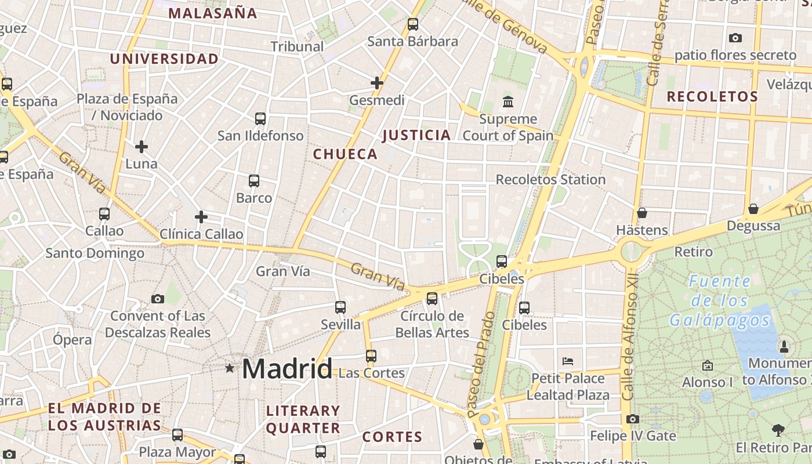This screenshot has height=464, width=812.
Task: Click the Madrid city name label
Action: click(287, 369)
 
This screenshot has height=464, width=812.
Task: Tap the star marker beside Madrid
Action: click(230, 368)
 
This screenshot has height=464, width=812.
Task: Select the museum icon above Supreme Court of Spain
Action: click(508, 102)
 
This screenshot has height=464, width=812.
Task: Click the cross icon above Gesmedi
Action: click(377, 83)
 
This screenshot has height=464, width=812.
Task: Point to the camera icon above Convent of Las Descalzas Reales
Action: click(157, 299)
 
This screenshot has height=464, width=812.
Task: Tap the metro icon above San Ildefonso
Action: click(260, 119)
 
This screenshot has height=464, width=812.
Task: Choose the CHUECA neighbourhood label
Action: click(345, 154)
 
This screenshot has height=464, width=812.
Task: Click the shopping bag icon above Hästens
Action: click(641, 213)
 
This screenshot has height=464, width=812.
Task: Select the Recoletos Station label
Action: click(550, 180)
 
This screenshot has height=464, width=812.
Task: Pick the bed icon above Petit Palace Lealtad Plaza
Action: click(568, 361)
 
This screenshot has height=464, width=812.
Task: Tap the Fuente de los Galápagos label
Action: click(720, 301)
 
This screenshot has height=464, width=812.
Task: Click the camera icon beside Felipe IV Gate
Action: click(633, 419)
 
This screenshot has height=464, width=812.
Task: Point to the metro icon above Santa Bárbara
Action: click(413, 24)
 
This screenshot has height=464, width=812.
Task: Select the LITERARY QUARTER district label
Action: click(303, 419)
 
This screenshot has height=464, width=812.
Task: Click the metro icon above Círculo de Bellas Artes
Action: click(432, 299)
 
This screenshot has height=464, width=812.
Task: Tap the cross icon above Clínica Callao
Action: click(201, 217)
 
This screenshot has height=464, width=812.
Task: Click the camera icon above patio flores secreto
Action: click(735, 38)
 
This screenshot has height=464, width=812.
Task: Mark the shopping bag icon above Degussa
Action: click(753, 208)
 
